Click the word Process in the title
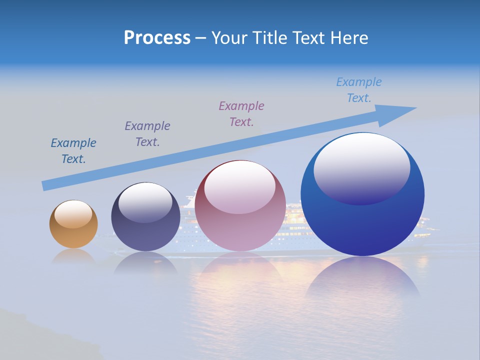point(157,38)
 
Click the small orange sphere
point(73,235)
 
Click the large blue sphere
point(362,225)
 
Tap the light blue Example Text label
point(359,90)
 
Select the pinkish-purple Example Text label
point(241,114)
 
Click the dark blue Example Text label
point(73,151)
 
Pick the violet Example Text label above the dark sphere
point(147,134)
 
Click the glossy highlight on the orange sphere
point(73,214)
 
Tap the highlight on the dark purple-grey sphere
point(145,202)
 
